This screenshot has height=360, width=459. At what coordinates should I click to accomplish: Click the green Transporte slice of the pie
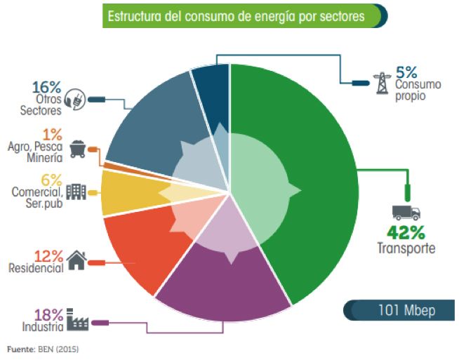coord(316,182)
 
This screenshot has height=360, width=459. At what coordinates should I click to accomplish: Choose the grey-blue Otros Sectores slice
coord(147,119)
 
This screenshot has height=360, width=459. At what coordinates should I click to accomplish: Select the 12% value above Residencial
coord(49,255)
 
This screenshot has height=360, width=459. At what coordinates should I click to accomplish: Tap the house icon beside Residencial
coord(76,261)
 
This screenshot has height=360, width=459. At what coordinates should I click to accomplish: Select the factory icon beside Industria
coord(76,321)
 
